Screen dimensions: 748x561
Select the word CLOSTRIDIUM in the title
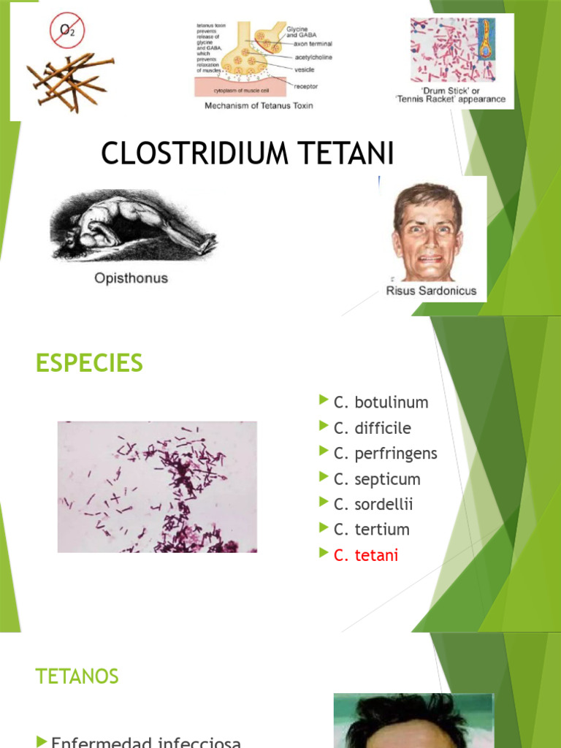coord(191,153)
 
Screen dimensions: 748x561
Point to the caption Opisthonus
coord(131,278)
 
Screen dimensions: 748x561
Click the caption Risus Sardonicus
coord(431,291)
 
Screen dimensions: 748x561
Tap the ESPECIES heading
coord(89,363)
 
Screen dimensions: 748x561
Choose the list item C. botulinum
coord(381,402)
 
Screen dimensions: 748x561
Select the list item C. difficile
coord(372,428)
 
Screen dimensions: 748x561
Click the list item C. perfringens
coord(385,454)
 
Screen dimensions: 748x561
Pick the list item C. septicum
coord(377,479)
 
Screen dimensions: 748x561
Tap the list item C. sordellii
coord(373,504)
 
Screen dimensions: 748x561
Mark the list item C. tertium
coord(371,530)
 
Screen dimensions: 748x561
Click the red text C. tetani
coord(365,555)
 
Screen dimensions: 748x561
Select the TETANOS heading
coord(77,676)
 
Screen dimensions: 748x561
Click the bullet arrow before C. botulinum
coord(324,400)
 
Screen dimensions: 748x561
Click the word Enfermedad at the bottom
coord(101,741)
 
